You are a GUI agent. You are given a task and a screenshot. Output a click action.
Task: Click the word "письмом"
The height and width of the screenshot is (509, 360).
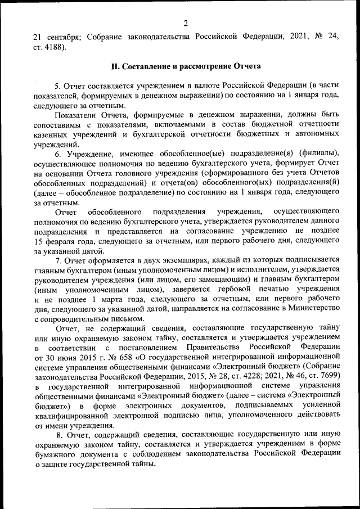coord(128,318)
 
